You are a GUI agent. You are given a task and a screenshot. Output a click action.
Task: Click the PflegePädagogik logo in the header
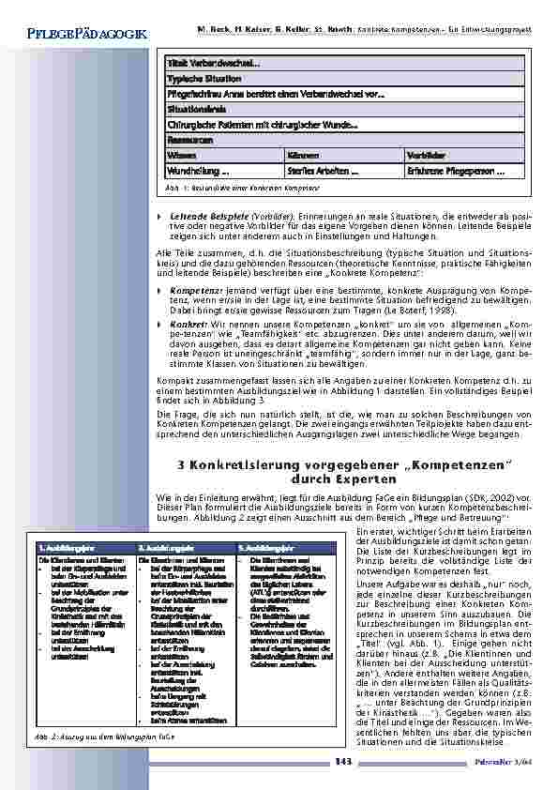82,34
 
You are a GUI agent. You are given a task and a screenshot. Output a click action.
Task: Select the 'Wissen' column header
182,154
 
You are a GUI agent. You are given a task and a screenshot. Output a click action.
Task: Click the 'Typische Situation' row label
204,78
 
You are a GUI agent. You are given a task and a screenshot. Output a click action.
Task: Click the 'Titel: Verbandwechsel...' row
213,63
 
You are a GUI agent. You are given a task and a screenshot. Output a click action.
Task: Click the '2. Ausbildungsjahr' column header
166,545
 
